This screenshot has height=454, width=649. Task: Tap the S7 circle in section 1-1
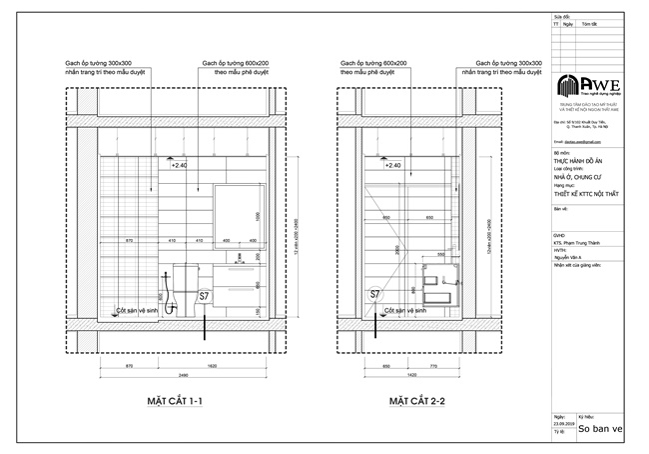coord(204,297)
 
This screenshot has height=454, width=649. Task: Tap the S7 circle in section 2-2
coord(375,295)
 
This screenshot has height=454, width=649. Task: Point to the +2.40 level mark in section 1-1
coord(179,165)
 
